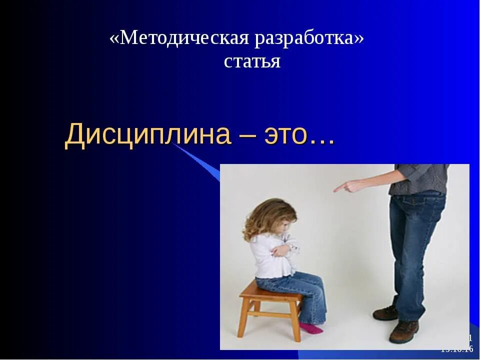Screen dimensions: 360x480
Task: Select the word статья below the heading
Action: (252, 61)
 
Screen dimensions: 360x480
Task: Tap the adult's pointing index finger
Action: (340, 188)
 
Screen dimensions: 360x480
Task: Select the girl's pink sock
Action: (311, 328)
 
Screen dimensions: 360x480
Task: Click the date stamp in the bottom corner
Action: (457, 349)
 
